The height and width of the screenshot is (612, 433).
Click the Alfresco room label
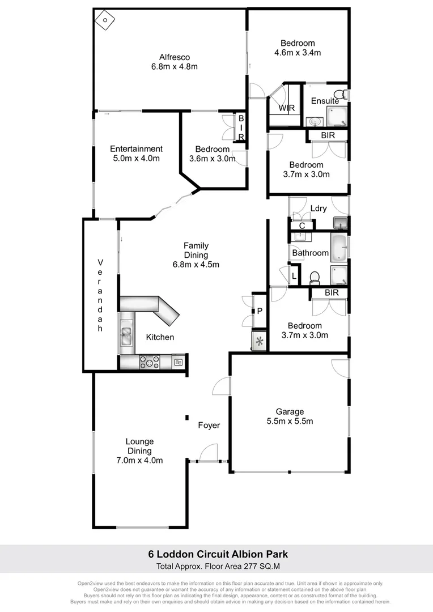174,57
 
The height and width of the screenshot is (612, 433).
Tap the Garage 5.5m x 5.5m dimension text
290,421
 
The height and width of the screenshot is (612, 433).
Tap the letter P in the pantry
260,311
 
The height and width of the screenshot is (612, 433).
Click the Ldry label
319,209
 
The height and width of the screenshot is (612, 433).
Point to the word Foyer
209,425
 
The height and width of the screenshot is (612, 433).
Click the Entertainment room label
136,149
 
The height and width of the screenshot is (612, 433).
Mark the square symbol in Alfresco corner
105,20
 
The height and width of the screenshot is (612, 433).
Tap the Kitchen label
160,337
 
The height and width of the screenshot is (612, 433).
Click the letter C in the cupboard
302,226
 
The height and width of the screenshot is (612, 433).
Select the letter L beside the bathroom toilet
294,277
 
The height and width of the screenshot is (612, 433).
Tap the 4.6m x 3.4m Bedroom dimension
298,53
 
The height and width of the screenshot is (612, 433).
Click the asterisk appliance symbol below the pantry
260,342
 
